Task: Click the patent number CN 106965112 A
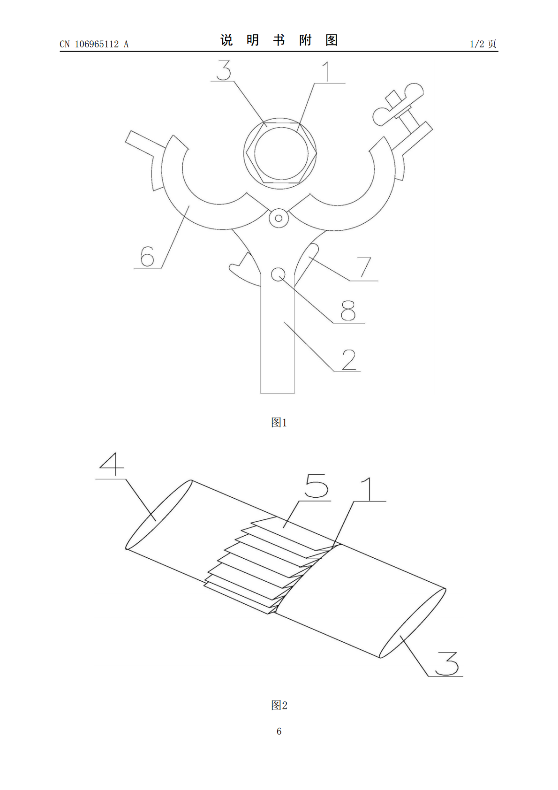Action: [94, 44]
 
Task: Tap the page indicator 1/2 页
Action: [483, 44]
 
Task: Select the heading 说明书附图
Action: [279, 40]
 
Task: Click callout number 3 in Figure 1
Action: [224, 70]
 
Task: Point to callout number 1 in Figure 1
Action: [327, 72]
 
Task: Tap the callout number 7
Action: [364, 267]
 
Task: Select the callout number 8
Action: [348, 311]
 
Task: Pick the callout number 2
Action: [348, 360]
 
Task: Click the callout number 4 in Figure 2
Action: [112, 464]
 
